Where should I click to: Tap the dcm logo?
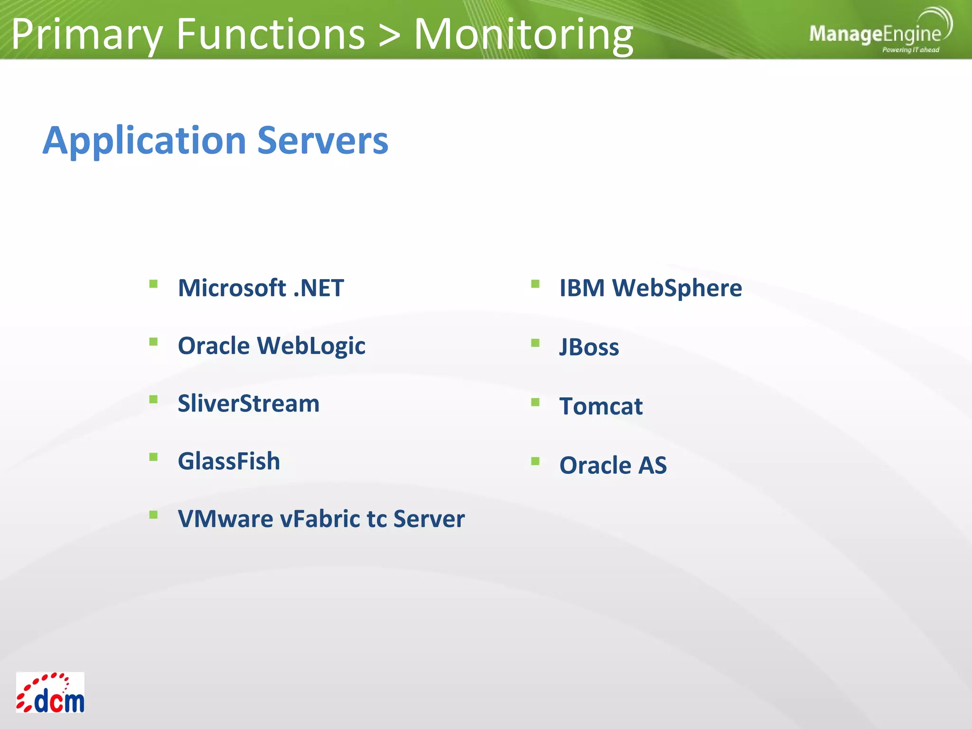click(x=50, y=692)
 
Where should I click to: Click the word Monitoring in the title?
click(x=523, y=34)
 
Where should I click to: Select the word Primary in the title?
click(x=87, y=34)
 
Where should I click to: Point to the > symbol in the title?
click(x=389, y=34)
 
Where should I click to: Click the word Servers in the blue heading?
click(x=322, y=140)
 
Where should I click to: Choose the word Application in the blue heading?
click(x=144, y=140)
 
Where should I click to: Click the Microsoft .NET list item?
click(x=261, y=288)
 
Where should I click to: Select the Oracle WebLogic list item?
click(x=271, y=346)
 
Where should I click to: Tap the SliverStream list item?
click(x=248, y=403)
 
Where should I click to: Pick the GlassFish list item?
click(x=229, y=461)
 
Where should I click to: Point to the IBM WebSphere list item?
click(x=650, y=288)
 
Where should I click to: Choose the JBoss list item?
click(x=589, y=347)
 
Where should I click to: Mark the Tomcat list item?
click(x=601, y=406)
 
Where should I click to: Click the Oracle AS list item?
click(x=613, y=465)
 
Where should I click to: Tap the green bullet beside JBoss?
click(x=535, y=343)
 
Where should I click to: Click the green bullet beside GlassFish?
click(x=153, y=457)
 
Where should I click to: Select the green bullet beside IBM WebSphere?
click(x=535, y=284)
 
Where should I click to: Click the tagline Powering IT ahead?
click(x=910, y=50)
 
